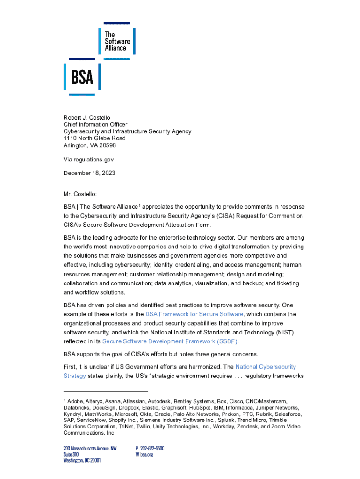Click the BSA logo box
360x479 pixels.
pyautogui.click(x=82, y=77)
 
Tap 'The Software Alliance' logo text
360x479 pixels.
pyautogui.click(x=117, y=41)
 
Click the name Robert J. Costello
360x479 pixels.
pyautogui.click(x=87, y=117)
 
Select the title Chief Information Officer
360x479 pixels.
pyautogui.click(x=95, y=124)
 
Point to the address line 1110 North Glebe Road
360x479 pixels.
pyautogui.click(x=94, y=138)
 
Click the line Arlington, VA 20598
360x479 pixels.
pyautogui.click(x=90, y=145)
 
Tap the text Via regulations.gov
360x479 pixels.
pyautogui.click(x=88, y=160)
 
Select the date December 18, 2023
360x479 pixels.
pyautogui.click(x=89, y=173)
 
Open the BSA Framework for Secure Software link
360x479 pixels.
pyautogui.click(x=194, y=314)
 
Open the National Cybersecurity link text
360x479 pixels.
pyautogui.click(x=266, y=367)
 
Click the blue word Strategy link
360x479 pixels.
pyautogui.click(x=74, y=376)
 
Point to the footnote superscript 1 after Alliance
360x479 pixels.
pyautogui.click(x=139, y=204)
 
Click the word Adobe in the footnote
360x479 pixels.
pyautogui.click(x=76, y=402)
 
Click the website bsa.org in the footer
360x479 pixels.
pyautogui.click(x=146, y=454)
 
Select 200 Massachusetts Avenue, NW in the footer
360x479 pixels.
pyautogui.click(x=90, y=448)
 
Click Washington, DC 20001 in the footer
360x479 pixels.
pyautogui.click(x=82, y=460)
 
